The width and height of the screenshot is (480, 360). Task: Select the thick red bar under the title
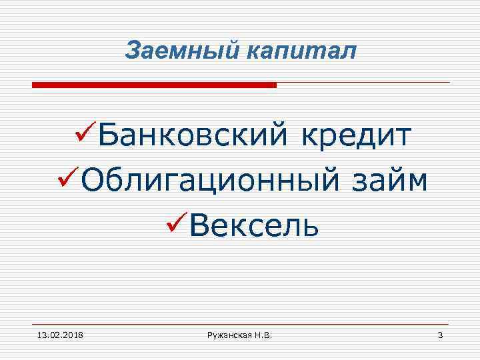pyautogui.click(x=154, y=85)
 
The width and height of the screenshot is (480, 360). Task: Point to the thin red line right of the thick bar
pyautogui.click(x=363, y=83)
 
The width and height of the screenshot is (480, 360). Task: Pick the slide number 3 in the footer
pyautogui.click(x=440, y=333)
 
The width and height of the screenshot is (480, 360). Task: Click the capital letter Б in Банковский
pyautogui.click(x=109, y=137)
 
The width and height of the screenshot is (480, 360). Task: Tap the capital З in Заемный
pyautogui.click(x=132, y=50)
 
